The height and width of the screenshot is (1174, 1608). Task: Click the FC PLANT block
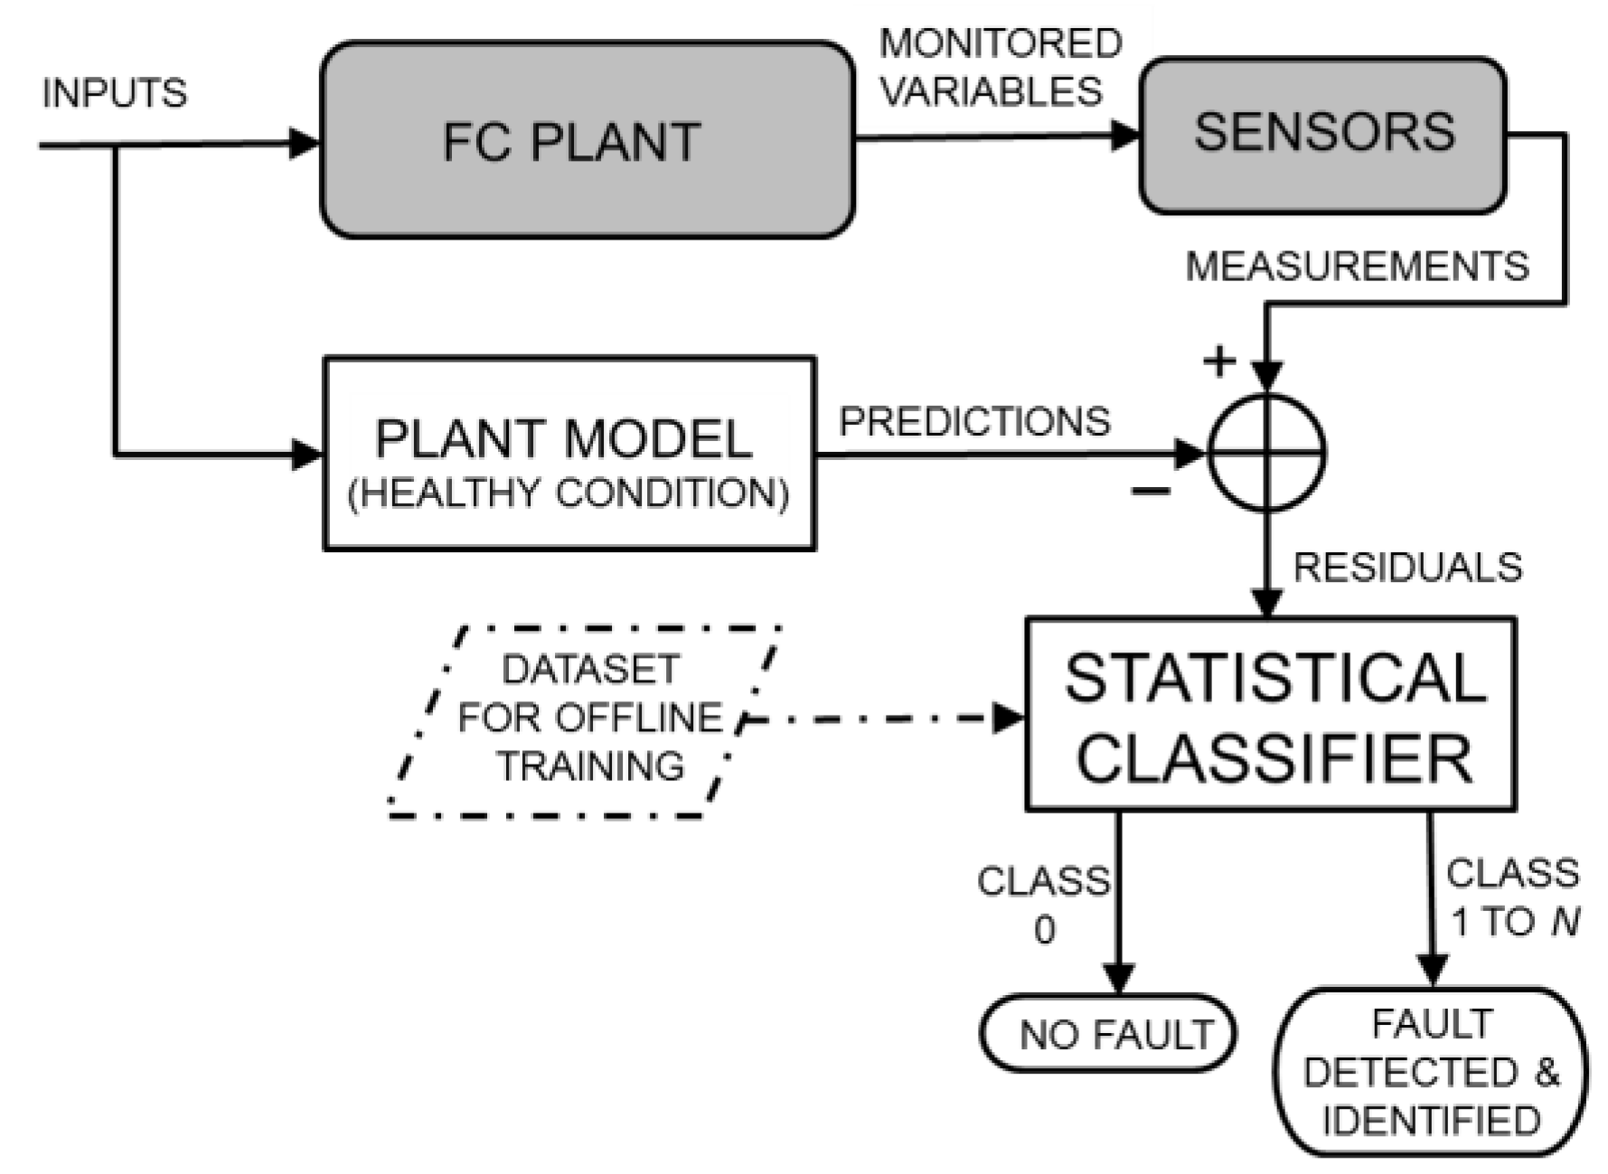[x=588, y=140]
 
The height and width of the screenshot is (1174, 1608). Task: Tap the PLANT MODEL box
[x=569, y=452]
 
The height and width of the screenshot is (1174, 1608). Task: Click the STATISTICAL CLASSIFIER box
[x=1270, y=714]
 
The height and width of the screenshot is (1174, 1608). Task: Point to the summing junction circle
[x=1267, y=452]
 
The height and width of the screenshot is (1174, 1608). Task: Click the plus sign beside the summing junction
[x=1219, y=362]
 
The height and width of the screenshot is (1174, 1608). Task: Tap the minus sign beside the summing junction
[x=1151, y=491]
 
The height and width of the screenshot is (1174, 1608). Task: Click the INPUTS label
[x=115, y=93]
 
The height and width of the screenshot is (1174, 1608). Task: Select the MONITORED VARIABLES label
[x=999, y=68]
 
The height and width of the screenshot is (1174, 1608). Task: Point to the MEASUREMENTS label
[x=1356, y=267]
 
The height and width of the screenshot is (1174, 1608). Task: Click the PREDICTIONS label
[x=973, y=422]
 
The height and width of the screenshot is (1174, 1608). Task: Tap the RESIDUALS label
[x=1406, y=568]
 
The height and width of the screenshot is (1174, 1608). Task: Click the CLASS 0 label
[x=1043, y=904]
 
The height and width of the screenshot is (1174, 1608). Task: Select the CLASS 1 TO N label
[x=1513, y=897]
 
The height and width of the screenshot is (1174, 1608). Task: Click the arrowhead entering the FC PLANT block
[x=304, y=143]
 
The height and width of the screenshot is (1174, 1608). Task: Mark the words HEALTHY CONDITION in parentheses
[x=569, y=494]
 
